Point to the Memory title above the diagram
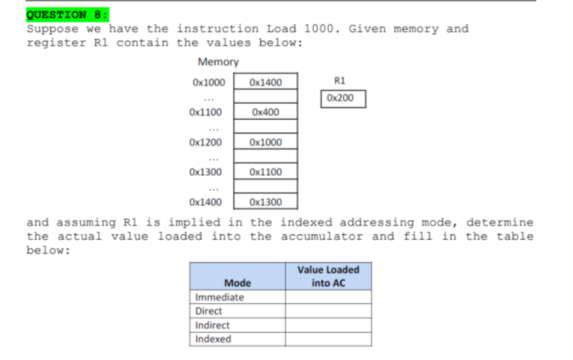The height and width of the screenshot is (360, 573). [218, 62]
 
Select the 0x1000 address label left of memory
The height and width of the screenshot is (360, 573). [208, 82]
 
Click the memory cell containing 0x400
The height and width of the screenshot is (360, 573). [265, 112]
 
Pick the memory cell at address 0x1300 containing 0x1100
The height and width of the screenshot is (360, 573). [265, 172]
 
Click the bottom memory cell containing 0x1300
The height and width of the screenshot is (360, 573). [265, 202]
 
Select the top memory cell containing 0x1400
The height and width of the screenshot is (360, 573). [265, 82]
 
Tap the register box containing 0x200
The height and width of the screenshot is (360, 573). [340, 98]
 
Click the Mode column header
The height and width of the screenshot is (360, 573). [237, 282]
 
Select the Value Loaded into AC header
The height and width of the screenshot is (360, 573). [328, 276]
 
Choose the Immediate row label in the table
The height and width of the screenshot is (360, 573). [220, 297]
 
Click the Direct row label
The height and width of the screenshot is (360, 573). [209, 311]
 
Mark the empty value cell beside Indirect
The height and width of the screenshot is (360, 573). [328, 325]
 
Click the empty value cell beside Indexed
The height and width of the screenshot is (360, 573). [328, 339]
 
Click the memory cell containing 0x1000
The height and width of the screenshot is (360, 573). [265, 142]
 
